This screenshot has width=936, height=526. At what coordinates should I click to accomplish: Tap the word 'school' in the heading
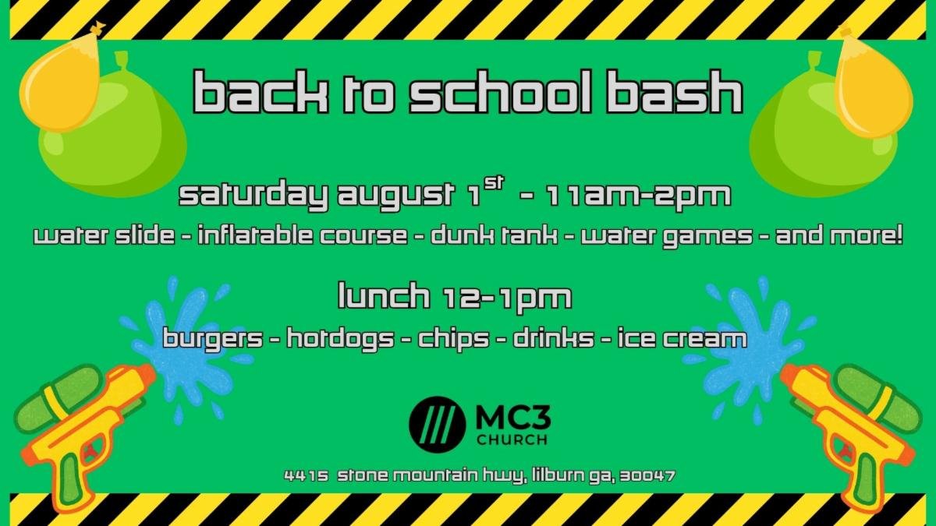(499, 92)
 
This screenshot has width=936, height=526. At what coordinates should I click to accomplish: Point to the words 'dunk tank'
(494, 236)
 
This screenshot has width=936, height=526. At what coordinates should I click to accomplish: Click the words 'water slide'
(104, 236)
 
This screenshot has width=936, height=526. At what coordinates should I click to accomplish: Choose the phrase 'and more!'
(839, 236)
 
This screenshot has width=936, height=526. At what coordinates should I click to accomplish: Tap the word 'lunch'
(384, 295)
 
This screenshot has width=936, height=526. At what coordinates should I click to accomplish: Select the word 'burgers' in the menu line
(213, 338)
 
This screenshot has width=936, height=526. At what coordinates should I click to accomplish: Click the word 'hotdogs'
(340, 338)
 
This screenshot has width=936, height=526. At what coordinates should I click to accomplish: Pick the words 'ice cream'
(682, 338)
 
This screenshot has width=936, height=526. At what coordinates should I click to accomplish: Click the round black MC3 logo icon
(437, 425)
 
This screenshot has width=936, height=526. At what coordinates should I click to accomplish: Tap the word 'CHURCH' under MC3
(512, 440)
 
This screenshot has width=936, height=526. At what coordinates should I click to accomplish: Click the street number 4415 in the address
(307, 476)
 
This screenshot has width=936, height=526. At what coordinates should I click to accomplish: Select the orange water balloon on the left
(61, 79)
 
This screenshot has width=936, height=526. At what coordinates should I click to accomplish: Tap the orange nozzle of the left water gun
(145, 375)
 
